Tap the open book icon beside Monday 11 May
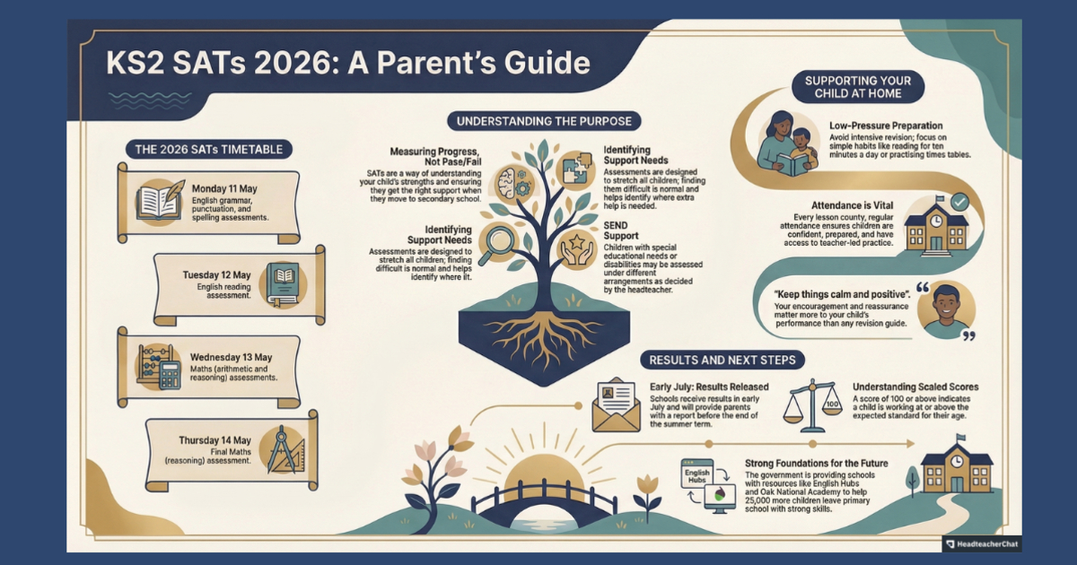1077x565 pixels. coord(160,202)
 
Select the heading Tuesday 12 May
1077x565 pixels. coord(216,274)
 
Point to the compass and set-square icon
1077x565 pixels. coord(285,450)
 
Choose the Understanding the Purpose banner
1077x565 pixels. coord(544,120)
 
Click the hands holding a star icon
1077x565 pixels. coord(576,249)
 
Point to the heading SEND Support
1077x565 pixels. coord(621,230)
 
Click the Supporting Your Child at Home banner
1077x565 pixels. coord(858,87)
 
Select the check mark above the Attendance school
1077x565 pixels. coord(959,203)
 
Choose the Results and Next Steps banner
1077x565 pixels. coord(722,360)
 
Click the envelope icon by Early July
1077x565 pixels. coord(616,407)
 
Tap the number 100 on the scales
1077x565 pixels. coord(832,404)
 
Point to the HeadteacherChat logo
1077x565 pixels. coord(982,543)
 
